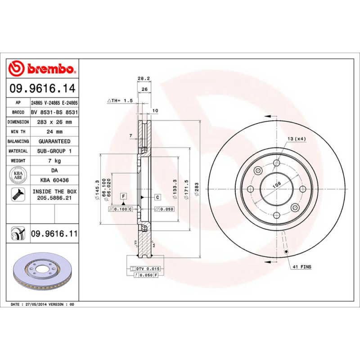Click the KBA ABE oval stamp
[x=18, y=175]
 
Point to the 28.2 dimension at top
[x=143, y=78]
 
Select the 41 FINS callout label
[x=302, y=267]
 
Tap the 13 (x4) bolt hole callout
[x=297, y=139]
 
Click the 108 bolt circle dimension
[x=277, y=184]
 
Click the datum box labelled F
[x=122, y=196]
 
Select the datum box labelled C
[x=158, y=197]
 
